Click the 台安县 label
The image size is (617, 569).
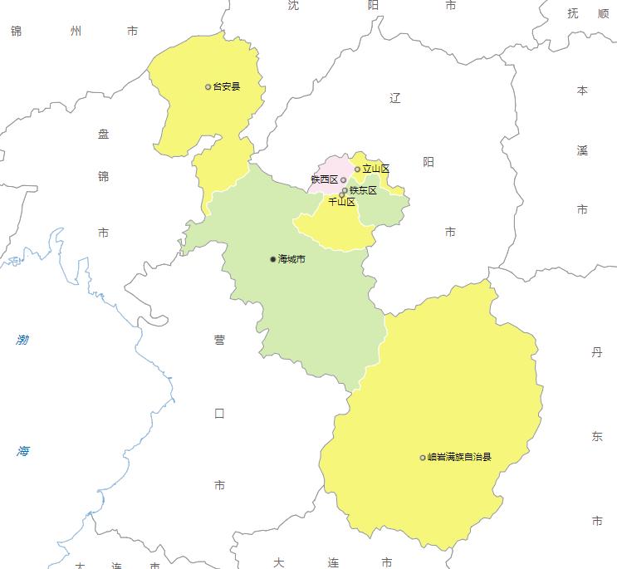pos(227,86)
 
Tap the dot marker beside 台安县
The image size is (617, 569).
pos(208,86)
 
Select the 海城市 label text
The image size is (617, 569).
pos(291,260)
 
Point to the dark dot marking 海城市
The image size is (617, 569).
pos(273,259)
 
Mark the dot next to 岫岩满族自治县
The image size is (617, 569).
pos(423,457)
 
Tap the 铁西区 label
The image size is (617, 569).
pos(324,179)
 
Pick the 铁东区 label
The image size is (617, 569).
pos(363,190)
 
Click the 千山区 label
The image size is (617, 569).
pos(341,202)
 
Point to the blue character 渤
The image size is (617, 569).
pos(22,340)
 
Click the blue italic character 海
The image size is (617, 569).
pos(22,451)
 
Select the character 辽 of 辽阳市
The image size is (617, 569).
pos(394,98)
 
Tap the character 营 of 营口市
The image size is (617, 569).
pos(219,340)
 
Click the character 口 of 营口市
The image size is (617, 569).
pos(219,413)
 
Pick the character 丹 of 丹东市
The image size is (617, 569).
pos(596,352)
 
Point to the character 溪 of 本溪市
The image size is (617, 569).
pos(582,150)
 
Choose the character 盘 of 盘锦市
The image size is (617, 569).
pos(103,134)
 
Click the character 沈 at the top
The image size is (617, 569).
pos(293,5)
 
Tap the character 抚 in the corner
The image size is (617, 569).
pos(574,13)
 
